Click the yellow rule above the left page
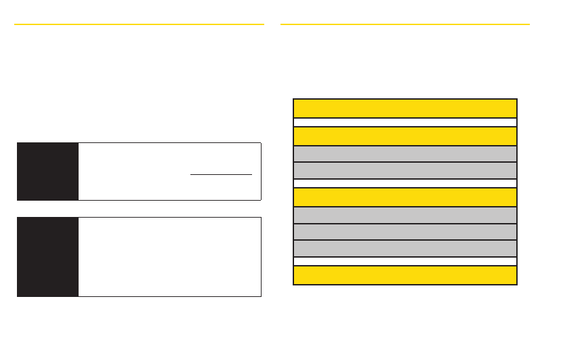click(139, 24)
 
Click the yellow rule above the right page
click(404, 24)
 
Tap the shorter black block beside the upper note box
click(47, 172)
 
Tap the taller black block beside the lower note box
click(47, 257)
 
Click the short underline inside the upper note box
click(221, 174)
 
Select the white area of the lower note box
click(169, 257)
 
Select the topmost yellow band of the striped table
click(404, 108)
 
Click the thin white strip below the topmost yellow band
click(404, 123)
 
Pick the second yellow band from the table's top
click(404, 136)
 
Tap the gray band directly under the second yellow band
click(404, 153)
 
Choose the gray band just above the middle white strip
click(404, 169)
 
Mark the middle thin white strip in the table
click(404, 183)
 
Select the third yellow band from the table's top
click(404, 197)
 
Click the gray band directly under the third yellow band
click(404, 215)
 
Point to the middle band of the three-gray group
click(404, 231)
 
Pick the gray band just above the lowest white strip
click(404, 247)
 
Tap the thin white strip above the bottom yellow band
click(404, 261)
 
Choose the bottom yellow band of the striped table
click(404, 275)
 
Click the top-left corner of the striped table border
click(294, 100)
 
